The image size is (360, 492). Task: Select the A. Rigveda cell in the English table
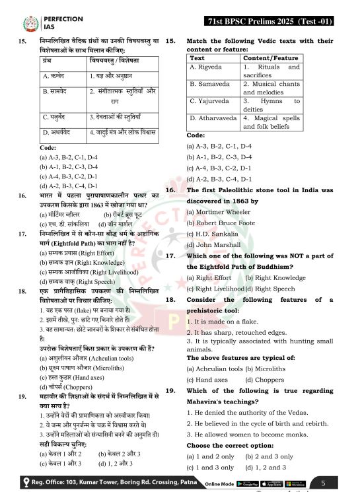[x=204, y=67]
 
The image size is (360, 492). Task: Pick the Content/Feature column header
[x=271, y=57]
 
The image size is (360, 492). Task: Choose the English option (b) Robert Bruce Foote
[x=220, y=223]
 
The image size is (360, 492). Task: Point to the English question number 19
[x=170, y=390]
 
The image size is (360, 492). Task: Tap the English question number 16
[x=170, y=190]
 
